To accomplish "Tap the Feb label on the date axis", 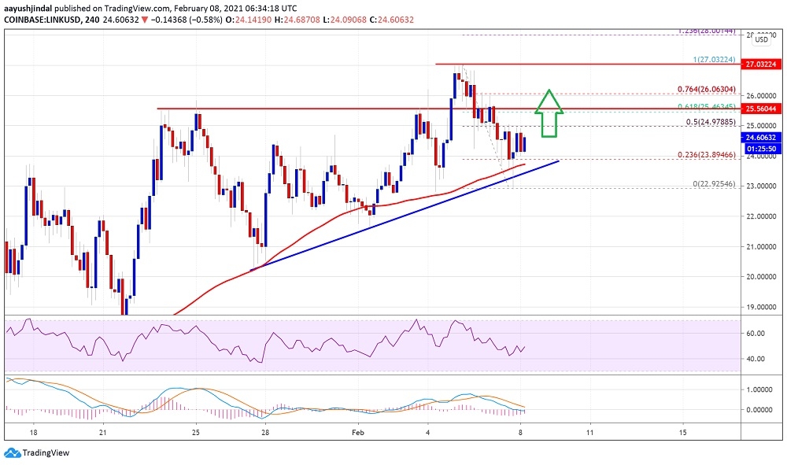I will tap(357, 433).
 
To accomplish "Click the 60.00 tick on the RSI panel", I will tap(756, 334).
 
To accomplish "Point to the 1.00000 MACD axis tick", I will tap(760, 389).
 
